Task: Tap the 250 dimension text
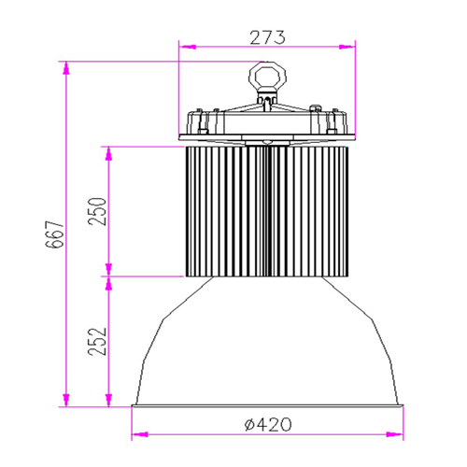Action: pos(98,211)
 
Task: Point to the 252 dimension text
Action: pos(98,343)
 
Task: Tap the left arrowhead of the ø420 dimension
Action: pos(136,434)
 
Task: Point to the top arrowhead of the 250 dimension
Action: pos(111,149)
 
